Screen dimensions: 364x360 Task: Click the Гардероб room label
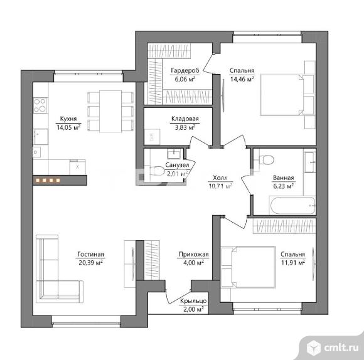185,70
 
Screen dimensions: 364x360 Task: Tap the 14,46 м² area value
242,79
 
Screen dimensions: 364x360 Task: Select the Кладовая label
185,119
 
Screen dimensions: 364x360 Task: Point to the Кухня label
68,119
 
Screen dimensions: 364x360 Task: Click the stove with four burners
40,105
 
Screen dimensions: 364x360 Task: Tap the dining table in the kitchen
110,112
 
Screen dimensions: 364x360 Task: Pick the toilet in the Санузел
157,171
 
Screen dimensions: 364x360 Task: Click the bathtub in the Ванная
292,206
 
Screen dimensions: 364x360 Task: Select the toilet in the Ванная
266,159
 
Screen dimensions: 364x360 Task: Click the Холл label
220,178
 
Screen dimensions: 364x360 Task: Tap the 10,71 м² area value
221,186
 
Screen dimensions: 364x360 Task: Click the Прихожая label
193,255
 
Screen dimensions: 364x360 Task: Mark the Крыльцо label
193,301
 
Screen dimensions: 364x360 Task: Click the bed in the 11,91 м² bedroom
248,267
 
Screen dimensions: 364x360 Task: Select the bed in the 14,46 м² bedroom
282,95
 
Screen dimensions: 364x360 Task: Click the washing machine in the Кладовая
152,137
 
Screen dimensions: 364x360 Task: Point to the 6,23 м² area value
284,186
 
